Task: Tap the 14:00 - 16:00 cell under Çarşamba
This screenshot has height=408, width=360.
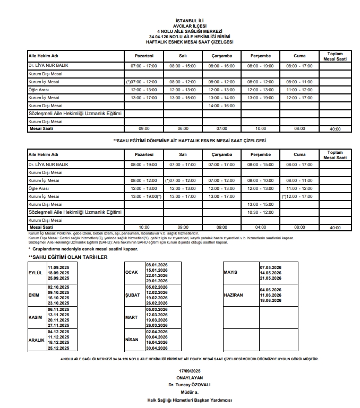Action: coord(221,106)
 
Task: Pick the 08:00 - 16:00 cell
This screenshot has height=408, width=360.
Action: coord(221,66)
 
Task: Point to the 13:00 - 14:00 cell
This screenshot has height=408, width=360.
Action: coord(221,98)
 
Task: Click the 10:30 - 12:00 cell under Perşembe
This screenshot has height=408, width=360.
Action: coord(260,212)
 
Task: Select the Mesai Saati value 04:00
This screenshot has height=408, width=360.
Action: coord(260,227)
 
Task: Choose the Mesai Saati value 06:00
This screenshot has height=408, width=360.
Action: coord(183,128)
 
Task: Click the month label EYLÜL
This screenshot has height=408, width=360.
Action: coord(35,273)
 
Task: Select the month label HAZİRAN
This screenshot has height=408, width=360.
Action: coord(234,295)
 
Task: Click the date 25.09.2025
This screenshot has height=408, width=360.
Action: coord(58,278)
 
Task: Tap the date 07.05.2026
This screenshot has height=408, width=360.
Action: coord(271,267)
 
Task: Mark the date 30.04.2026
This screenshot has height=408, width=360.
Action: coord(156,348)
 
